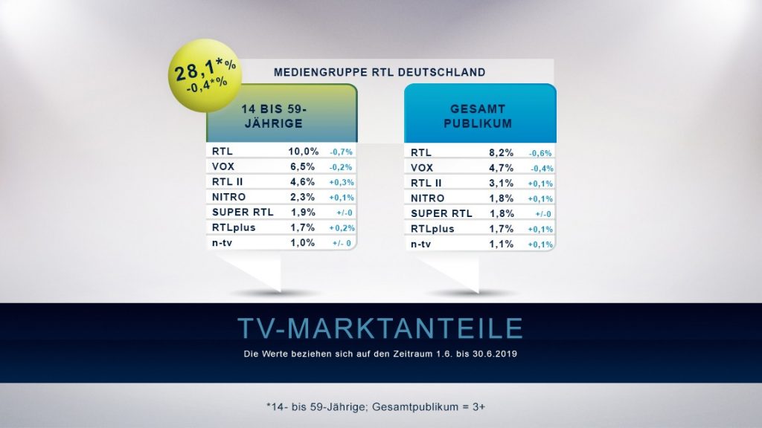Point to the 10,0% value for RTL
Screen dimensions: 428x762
pyautogui.click(x=304, y=151)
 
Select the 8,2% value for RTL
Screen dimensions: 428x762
pyautogui.click(x=499, y=152)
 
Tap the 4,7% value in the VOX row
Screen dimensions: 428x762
pyautogui.click(x=499, y=168)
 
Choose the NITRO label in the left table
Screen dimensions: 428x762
pyautogui.click(x=229, y=197)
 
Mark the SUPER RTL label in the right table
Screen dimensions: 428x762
pyautogui.click(x=440, y=213)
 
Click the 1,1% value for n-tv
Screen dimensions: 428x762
pyautogui.click(x=499, y=244)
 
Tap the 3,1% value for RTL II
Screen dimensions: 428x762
pyautogui.click(x=499, y=183)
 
